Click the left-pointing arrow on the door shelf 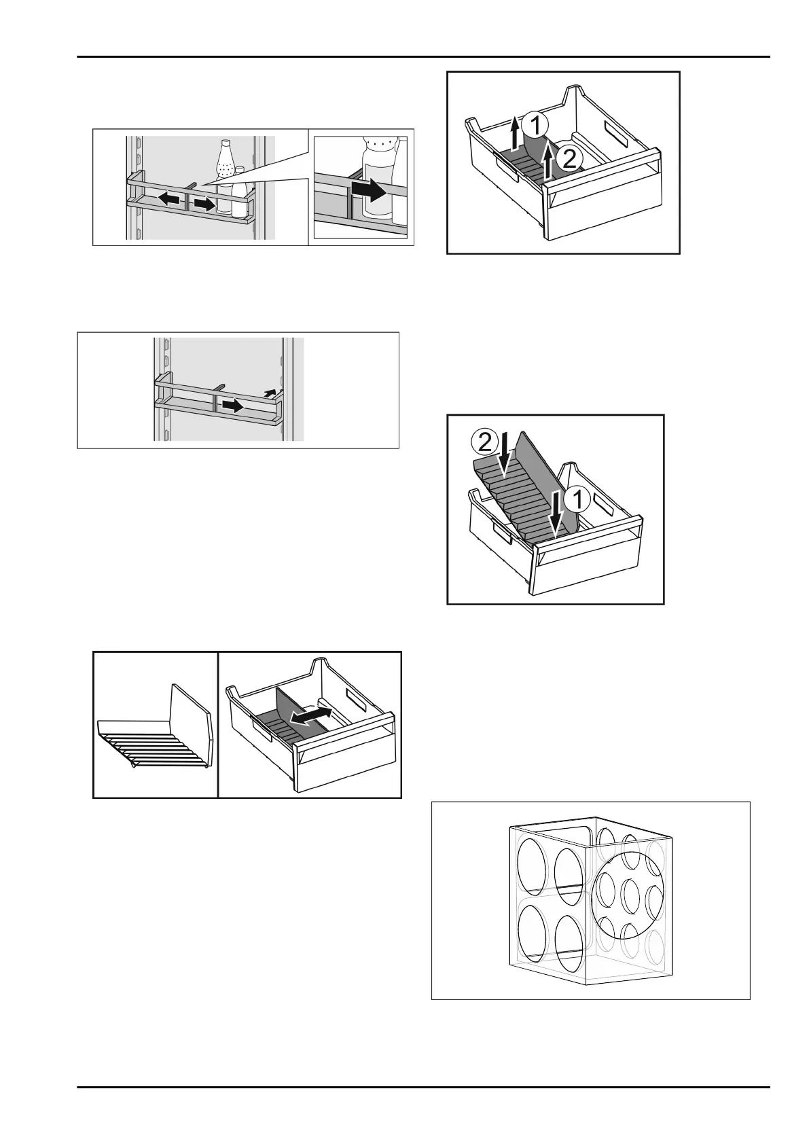(170, 199)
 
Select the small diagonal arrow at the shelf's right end (271, 392)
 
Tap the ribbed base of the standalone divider (148, 741)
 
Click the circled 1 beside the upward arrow (537, 126)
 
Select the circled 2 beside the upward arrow (568, 159)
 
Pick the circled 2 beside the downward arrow (484, 442)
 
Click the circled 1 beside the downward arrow (577, 499)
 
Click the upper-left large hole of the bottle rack (533, 865)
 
